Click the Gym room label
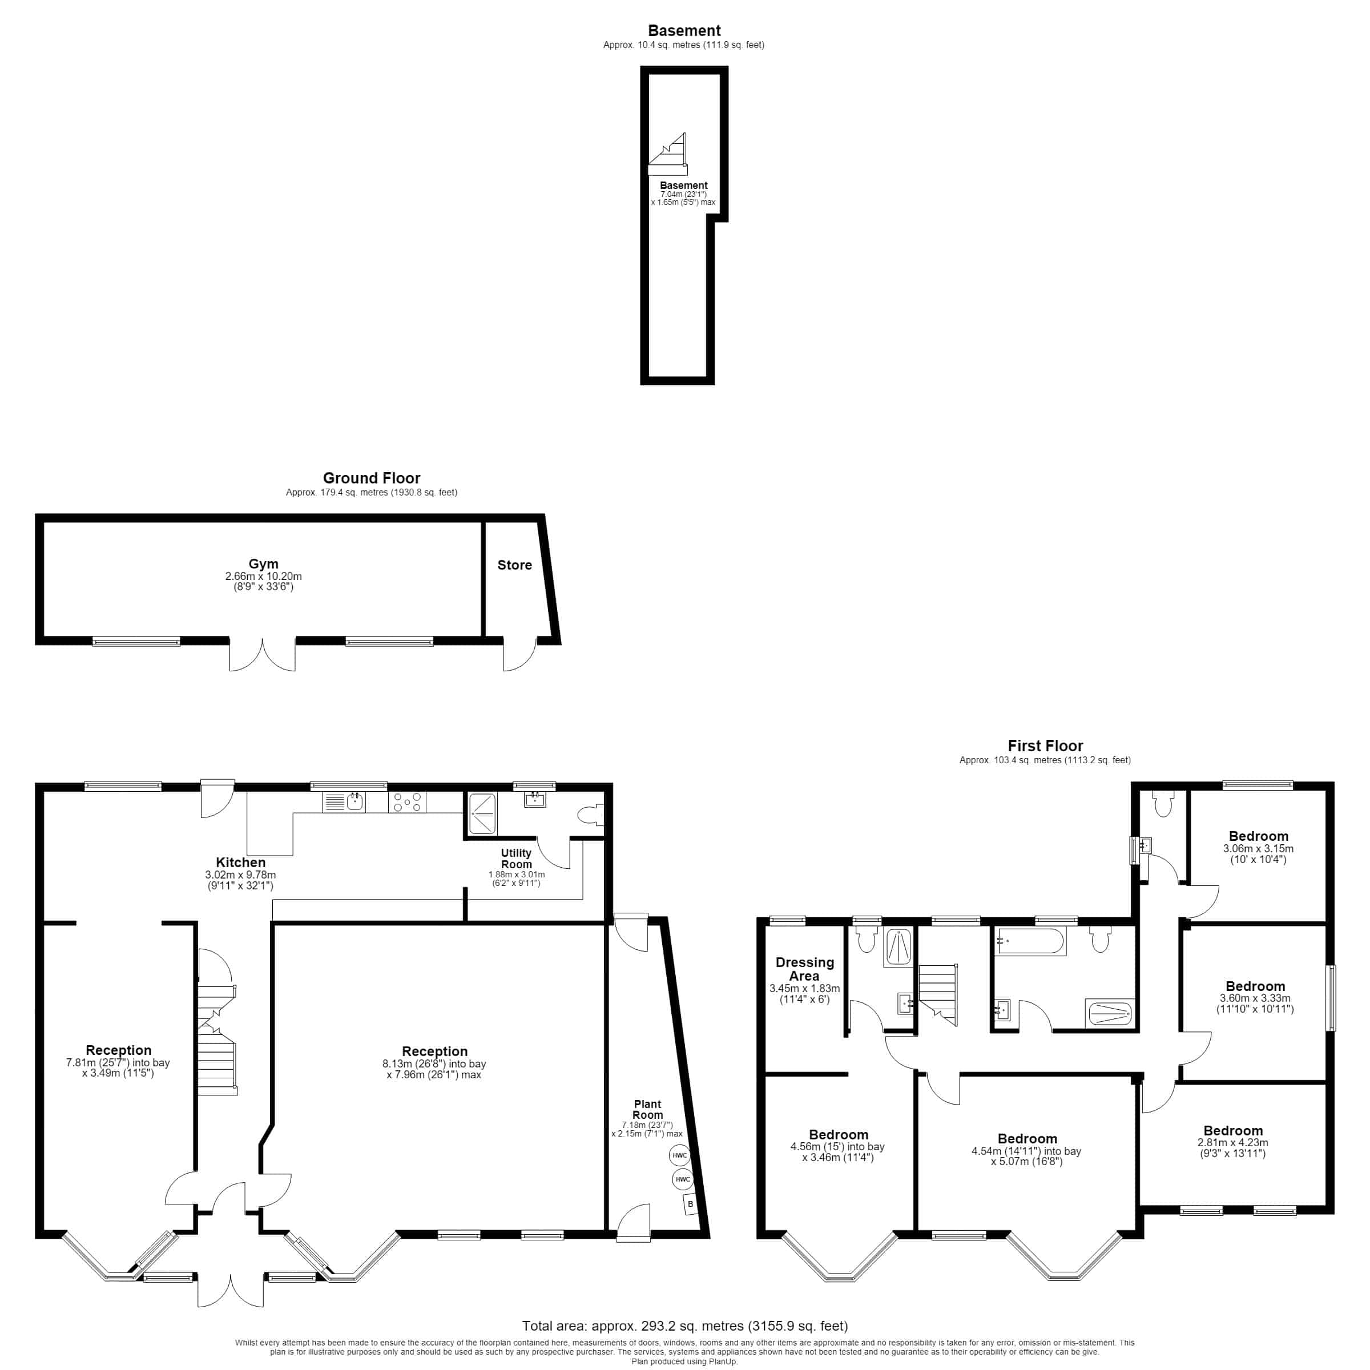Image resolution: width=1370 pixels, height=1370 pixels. [x=263, y=564]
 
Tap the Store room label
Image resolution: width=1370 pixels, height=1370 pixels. [x=514, y=565]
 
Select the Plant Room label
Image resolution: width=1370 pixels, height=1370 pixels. [x=647, y=1109]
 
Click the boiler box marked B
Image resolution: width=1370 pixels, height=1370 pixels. [x=691, y=1204]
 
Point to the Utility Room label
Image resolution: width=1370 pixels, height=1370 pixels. [x=516, y=859]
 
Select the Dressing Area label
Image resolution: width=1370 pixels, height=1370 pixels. [x=805, y=969]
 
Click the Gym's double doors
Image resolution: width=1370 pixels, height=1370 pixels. [x=263, y=655]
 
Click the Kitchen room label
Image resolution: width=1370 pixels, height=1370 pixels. [x=240, y=863]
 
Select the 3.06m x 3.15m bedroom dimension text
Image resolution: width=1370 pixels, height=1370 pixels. [x=1258, y=848]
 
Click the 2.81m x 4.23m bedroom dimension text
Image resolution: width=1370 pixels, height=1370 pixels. [x=1232, y=1142]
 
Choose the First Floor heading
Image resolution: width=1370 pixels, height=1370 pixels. [x=1045, y=746]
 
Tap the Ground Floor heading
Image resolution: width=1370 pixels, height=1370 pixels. [x=372, y=478]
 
